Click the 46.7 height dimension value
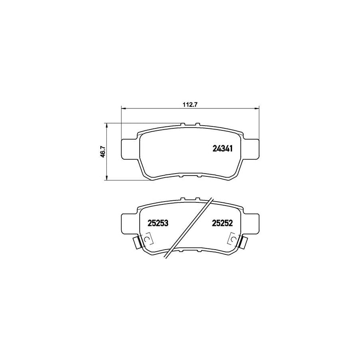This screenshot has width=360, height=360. (103, 152)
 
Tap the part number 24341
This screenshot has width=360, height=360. (222, 148)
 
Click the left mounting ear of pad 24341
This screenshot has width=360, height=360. (129, 148)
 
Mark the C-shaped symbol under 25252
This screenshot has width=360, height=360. (232, 239)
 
